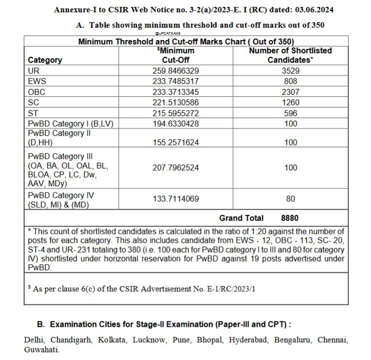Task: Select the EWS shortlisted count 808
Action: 290,81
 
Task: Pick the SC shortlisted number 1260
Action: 290,102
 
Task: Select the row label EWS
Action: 37,81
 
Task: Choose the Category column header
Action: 45,60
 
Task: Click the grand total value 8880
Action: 289,218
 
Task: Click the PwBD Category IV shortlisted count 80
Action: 290,199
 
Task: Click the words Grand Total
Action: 241,218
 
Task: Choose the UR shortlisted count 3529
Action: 290,71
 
